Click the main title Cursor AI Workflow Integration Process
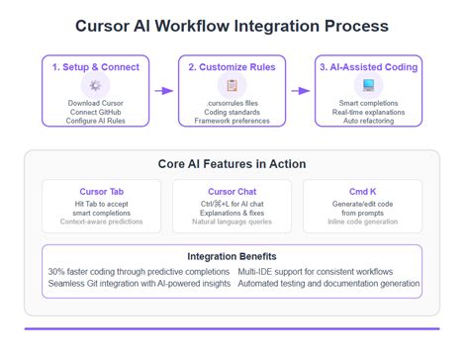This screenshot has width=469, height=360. click(x=234, y=25)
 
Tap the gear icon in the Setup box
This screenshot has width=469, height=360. click(x=96, y=86)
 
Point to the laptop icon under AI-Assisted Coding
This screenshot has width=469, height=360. click(x=368, y=86)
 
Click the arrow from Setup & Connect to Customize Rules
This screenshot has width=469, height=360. click(x=164, y=90)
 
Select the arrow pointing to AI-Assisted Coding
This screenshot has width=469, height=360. click(x=301, y=90)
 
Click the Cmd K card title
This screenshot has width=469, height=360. click(x=368, y=191)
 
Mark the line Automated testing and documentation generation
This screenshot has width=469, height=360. click(x=328, y=284)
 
